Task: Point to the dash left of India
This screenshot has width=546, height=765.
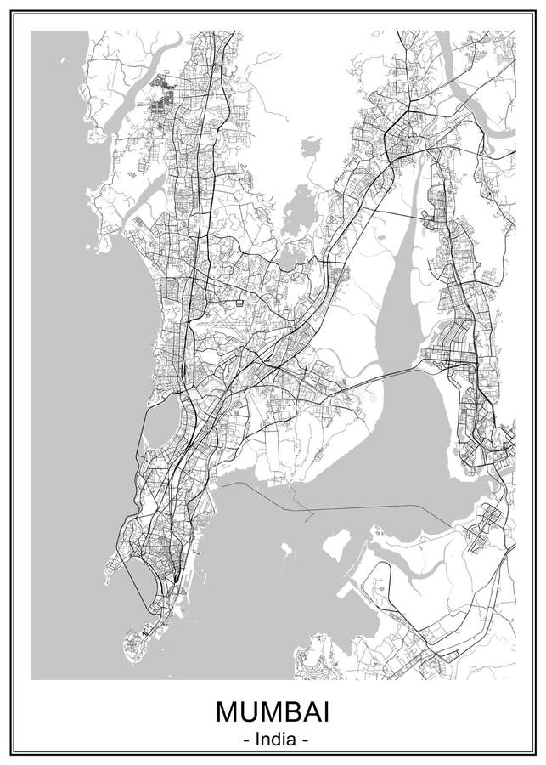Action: (245, 739)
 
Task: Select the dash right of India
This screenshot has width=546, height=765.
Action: (303, 739)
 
